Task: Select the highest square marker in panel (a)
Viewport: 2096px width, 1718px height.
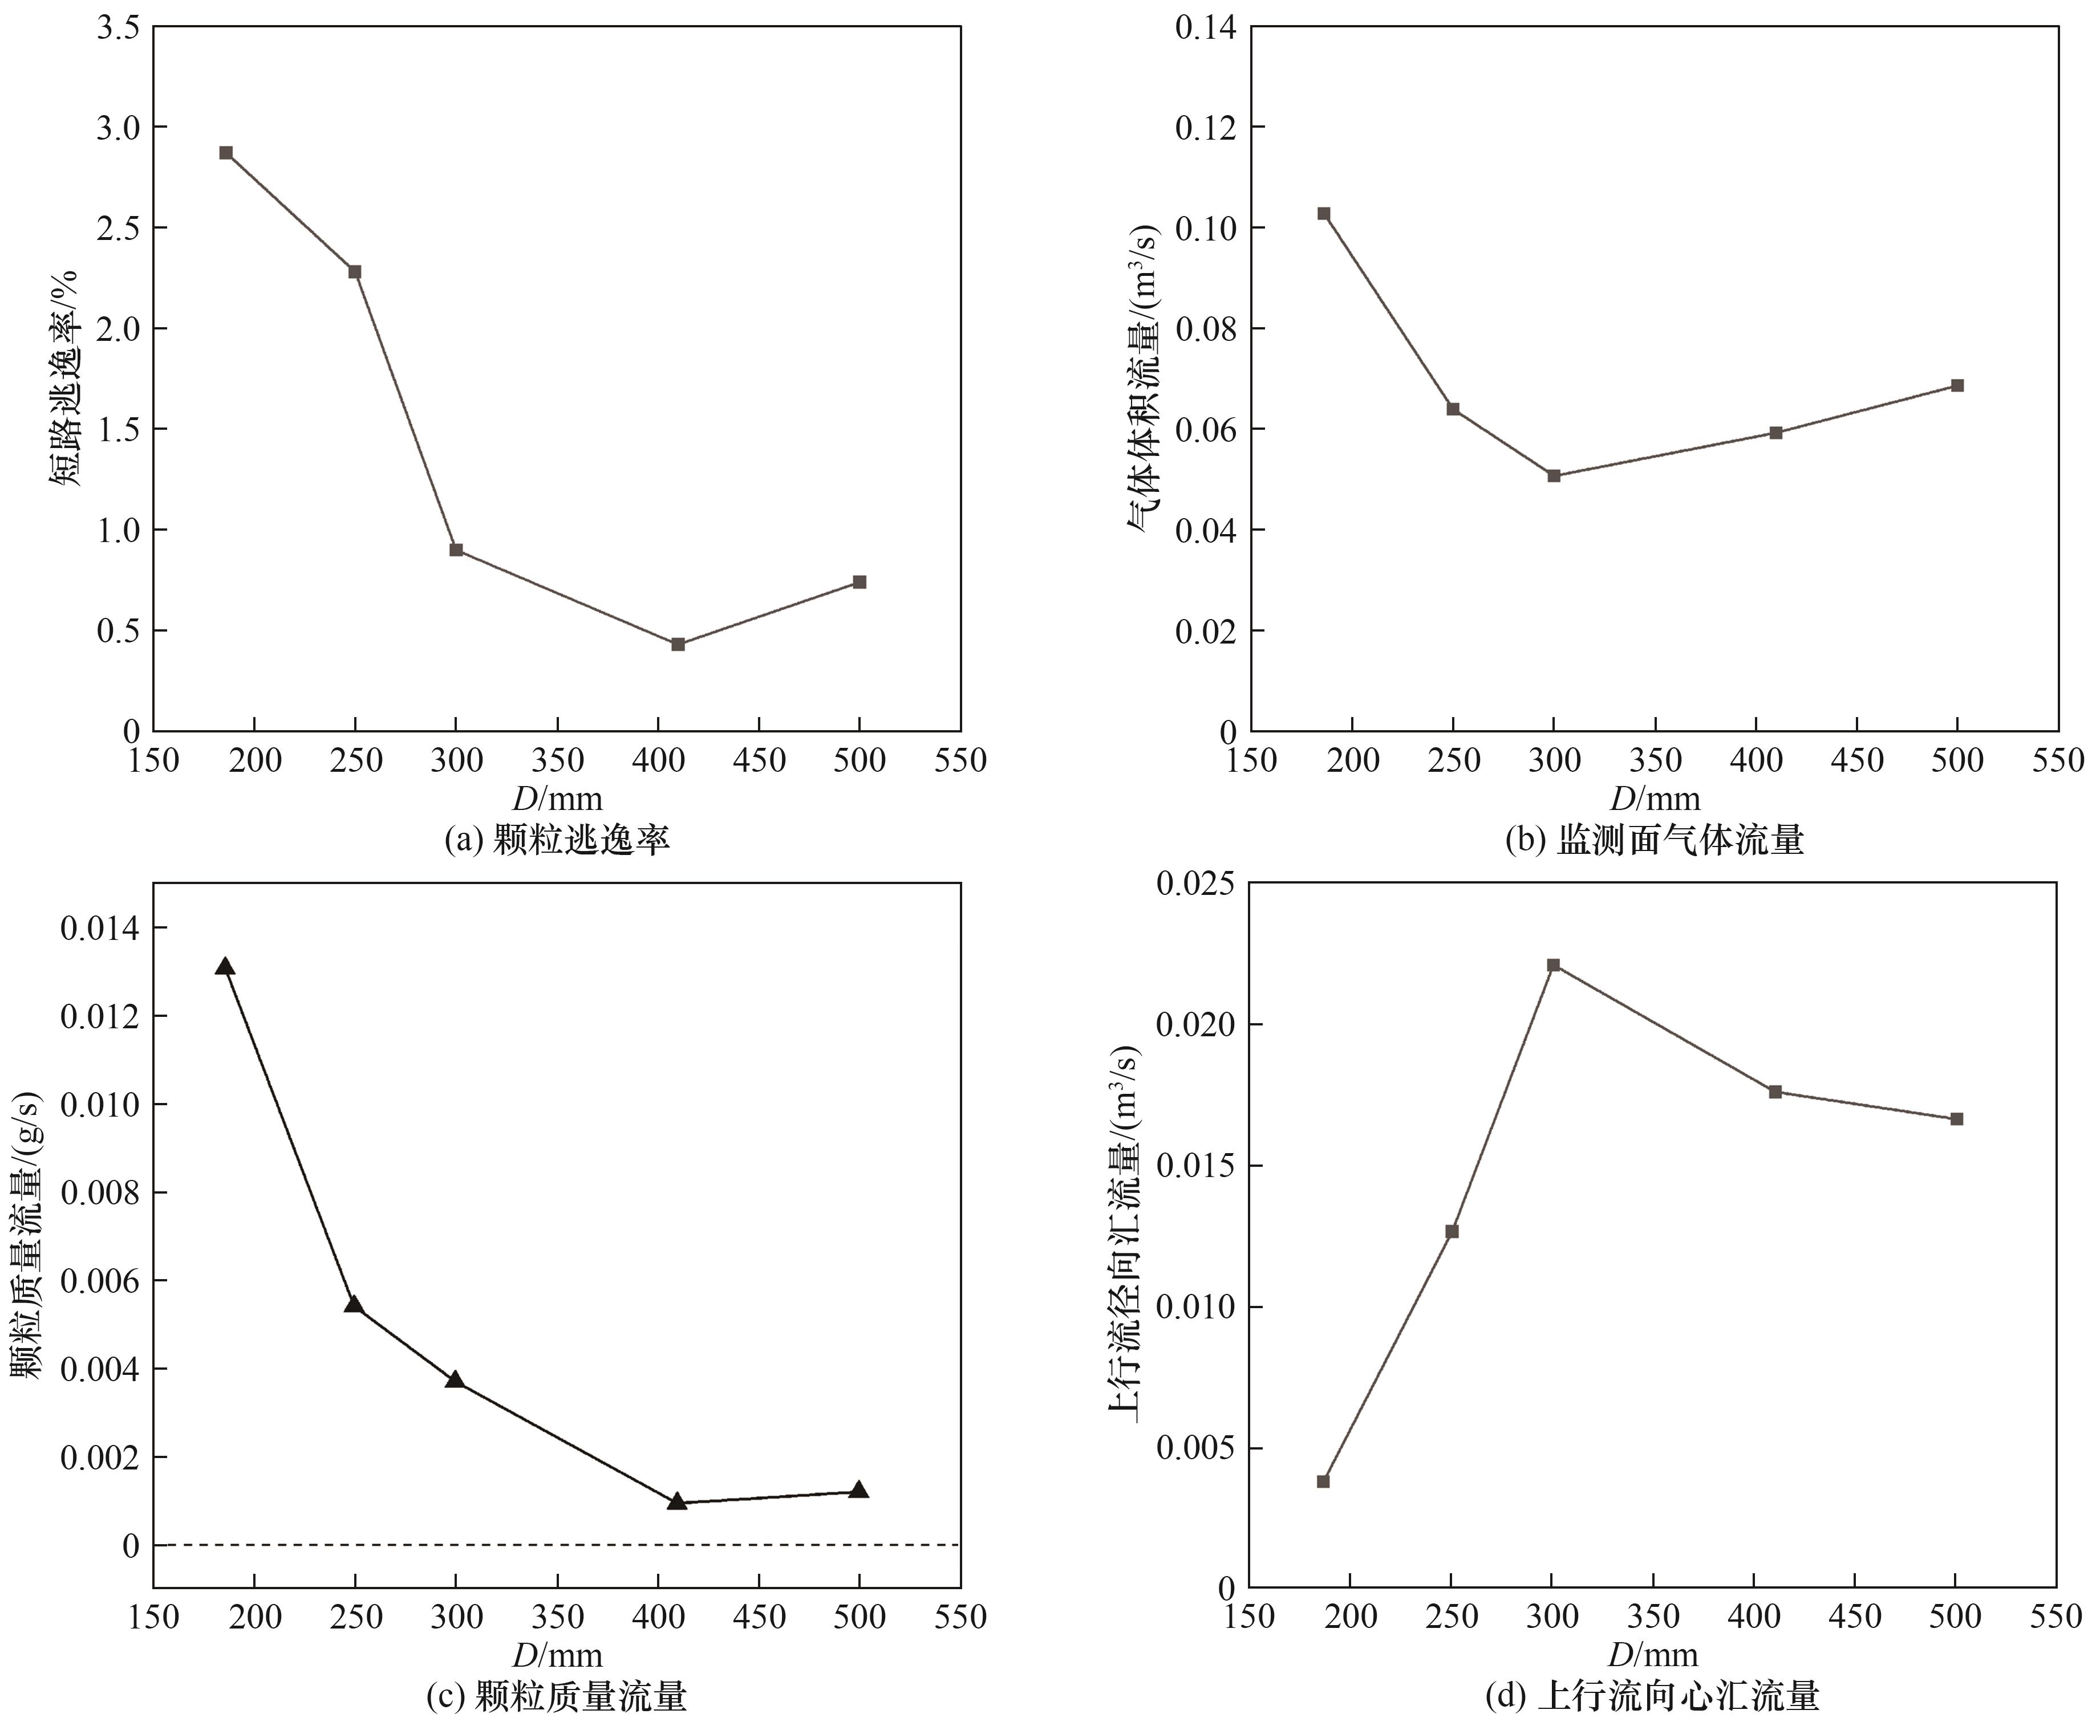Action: click(226, 152)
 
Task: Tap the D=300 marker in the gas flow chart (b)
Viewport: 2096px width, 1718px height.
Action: click(1554, 476)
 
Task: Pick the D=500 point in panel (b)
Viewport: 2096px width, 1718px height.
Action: click(1956, 385)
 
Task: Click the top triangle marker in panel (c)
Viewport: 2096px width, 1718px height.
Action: click(225, 967)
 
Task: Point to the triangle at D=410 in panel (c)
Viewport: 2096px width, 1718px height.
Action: click(677, 1501)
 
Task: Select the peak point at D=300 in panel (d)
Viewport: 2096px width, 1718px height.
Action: click(1554, 965)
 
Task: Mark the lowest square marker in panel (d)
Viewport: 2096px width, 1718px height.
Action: click(1323, 1481)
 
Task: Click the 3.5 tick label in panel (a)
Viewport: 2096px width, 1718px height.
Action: click(119, 28)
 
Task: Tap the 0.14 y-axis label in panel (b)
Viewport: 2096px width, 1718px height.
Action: click(1205, 28)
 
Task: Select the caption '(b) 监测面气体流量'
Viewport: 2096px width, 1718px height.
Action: click(1653, 841)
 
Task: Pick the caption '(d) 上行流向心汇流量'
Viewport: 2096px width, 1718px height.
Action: click(1652, 1698)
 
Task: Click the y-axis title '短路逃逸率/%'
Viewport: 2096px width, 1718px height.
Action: click(63, 378)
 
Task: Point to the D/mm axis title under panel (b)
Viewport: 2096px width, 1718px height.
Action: click(1655, 799)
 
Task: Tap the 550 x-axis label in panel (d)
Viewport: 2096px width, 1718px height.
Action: click(2057, 1617)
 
